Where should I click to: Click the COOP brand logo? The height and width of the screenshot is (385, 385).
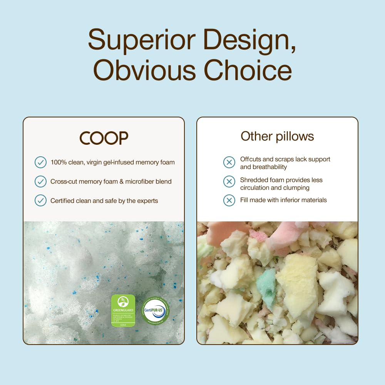click(x=104, y=138)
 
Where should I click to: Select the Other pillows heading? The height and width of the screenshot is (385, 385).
click(x=277, y=136)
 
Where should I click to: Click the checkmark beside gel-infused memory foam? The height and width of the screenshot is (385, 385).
click(x=40, y=162)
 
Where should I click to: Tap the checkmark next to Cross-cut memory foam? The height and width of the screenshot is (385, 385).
click(x=40, y=181)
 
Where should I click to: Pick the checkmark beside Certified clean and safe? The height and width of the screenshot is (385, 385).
click(x=40, y=201)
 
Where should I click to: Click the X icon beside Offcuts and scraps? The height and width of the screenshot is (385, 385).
click(x=229, y=162)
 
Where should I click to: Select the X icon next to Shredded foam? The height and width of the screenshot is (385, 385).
click(x=229, y=181)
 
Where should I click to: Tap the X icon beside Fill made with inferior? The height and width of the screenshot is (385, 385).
click(x=229, y=200)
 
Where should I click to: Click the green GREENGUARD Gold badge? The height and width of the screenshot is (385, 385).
click(x=123, y=311)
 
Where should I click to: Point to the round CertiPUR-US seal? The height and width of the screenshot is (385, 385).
click(x=155, y=310)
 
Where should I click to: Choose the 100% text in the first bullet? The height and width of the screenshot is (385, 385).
click(x=58, y=162)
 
